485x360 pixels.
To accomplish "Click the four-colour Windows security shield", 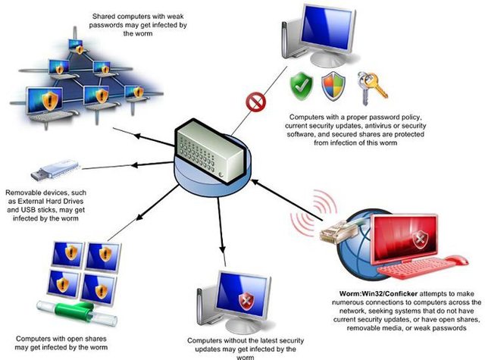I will [x=333, y=86].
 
